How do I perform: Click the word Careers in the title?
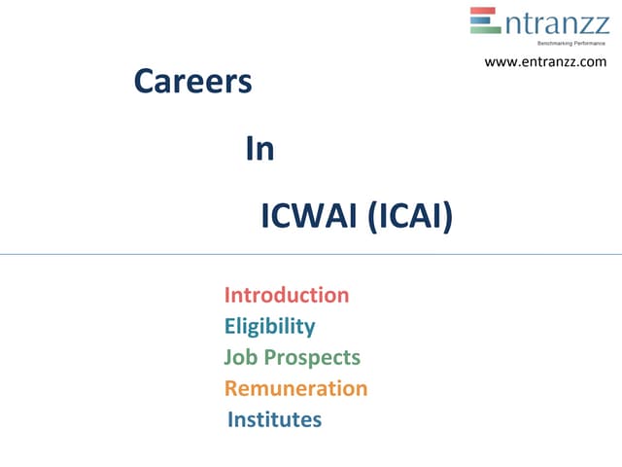tap(192, 83)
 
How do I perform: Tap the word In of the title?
tap(259, 149)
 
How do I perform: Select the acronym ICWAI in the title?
tap(309, 216)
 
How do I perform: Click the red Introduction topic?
tap(287, 295)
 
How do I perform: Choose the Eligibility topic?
tap(269, 326)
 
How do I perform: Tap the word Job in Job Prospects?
tap(239, 357)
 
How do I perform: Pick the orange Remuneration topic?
tap(295, 388)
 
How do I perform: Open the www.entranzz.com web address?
tap(544, 61)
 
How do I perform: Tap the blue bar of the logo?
tap(485, 20)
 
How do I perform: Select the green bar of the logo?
tap(485, 29)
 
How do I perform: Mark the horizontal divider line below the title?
tap(311, 255)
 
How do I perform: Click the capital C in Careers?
tap(144, 83)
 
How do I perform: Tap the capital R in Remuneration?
tap(232, 388)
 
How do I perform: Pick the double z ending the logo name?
tap(593, 23)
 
